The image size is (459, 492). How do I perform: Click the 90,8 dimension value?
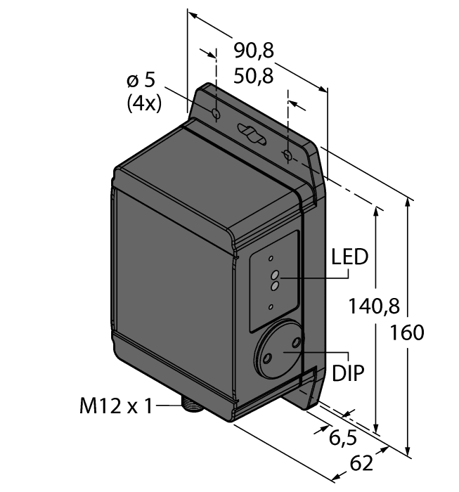point(254,50)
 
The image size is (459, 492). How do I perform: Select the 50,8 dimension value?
point(254,75)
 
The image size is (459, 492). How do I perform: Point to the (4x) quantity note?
point(144,103)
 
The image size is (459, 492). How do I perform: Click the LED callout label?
point(349,257)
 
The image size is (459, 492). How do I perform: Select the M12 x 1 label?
point(117,406)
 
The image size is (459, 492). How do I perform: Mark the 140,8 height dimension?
point(374,306)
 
